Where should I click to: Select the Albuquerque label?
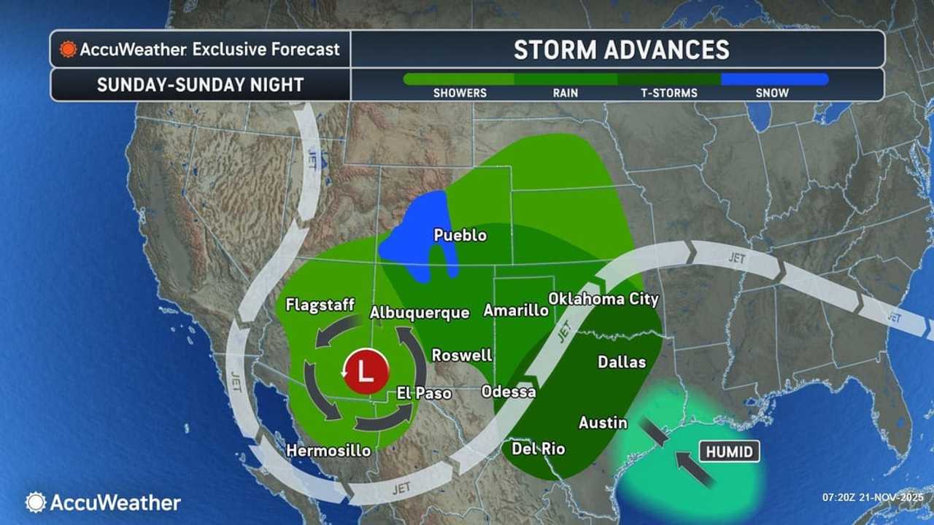[419, 312]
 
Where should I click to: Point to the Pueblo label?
[460, 236]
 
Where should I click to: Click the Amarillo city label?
[516, 311]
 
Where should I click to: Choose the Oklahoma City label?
[603, 299]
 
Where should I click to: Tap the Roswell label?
[462, 356]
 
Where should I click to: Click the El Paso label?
[424, 393]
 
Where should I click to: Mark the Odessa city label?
[509, 392]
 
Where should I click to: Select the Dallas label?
[622, 362]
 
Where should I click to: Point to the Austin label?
[603, 422]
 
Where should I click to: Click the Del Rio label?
[539, 448]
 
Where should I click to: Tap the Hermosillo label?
[328, 451]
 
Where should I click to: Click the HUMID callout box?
[730, 452]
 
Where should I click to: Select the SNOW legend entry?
[773, 93]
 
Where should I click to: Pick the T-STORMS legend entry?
[668, 93]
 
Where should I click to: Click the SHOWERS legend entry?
[460, 93]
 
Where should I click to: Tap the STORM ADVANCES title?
[621, 50]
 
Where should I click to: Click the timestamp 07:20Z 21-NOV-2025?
[873, 497]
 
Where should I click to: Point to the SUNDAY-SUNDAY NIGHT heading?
[200, 85]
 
